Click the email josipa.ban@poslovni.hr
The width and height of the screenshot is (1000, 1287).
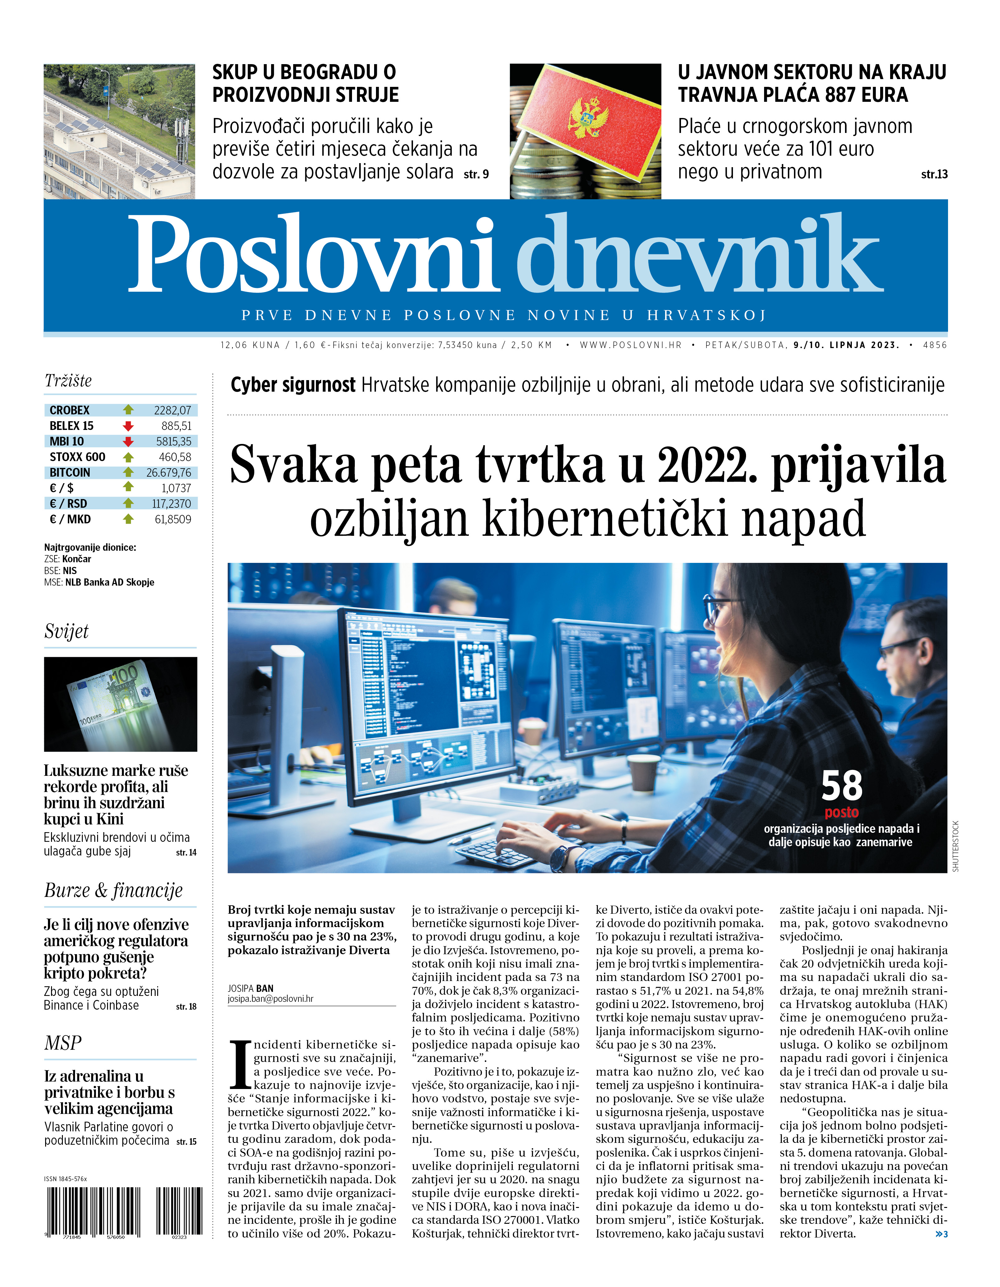pos(270,999)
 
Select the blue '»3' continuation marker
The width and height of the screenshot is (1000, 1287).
pos(941,1234)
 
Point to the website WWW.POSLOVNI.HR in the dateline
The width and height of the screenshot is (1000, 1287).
pos(631,345)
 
